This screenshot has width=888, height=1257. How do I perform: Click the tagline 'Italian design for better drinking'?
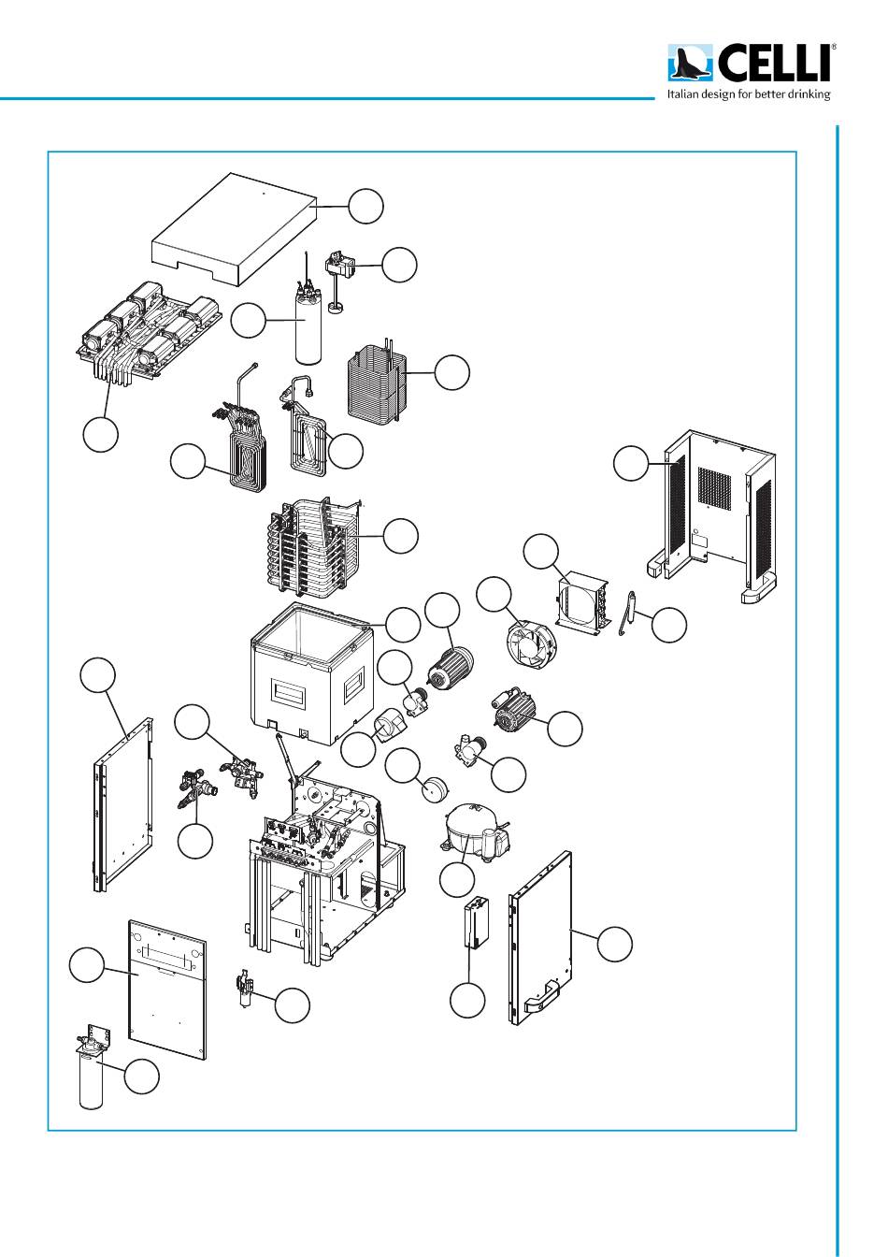click(748, 94)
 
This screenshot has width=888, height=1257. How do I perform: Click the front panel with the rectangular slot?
click(166, 991)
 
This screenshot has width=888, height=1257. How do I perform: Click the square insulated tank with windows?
click(313, 678)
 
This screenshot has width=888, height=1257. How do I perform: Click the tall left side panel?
click(123, 804)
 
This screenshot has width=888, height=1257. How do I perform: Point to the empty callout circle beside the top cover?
click(366, 206)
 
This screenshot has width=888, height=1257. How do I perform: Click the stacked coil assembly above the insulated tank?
click(313, 547)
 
